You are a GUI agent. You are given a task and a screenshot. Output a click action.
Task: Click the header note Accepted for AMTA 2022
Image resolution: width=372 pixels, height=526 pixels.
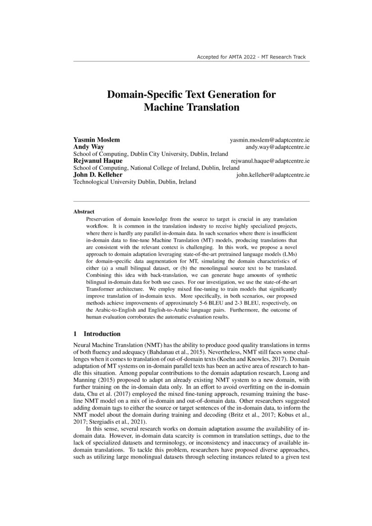click(251, 57)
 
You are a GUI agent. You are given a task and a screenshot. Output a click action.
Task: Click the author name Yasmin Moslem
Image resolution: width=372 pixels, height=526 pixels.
click(96, 140)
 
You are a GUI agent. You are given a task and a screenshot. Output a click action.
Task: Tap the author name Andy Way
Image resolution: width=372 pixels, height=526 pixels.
click(89, 147)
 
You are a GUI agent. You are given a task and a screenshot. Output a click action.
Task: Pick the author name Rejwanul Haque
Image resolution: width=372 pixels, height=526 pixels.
click(98, 160)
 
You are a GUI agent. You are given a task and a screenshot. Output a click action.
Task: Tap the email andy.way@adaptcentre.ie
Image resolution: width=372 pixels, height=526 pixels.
click(277, 147)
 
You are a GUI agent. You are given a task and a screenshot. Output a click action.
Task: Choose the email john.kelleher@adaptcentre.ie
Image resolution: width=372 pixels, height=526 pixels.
click(273, 175)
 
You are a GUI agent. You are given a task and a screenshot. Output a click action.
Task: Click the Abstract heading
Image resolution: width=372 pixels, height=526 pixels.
click(84, 211)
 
